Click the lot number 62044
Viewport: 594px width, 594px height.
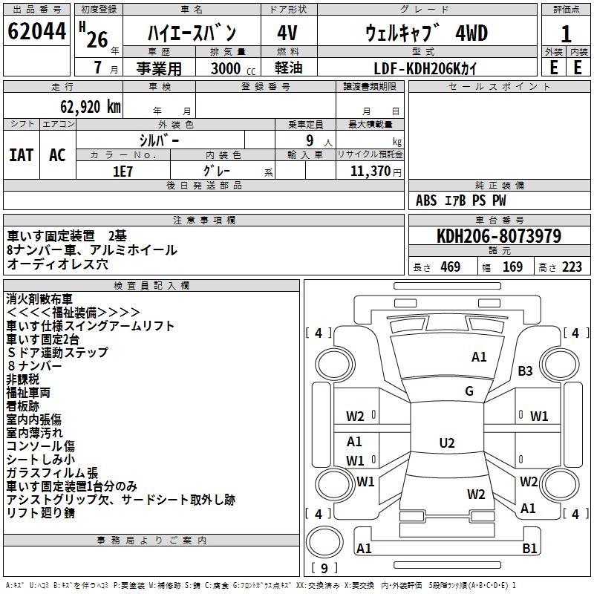[x=36, y=32]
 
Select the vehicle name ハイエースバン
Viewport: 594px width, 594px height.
[x=191, y=33]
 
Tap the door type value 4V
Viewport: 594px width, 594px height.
[x=287, y=33]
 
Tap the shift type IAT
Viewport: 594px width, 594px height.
[x=22, y=154]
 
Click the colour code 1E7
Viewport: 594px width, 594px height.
[x=123, y=170]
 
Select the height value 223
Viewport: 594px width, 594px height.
[x=572, y=267]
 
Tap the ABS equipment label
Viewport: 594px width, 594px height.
[x=426, y=200]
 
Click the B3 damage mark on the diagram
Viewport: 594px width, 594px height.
[x=525, y=371]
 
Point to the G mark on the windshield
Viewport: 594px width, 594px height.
[x=469, y=391]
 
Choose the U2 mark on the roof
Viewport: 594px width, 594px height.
[x=447, y=443]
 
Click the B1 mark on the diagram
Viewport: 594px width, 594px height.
[x=529, y=549]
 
